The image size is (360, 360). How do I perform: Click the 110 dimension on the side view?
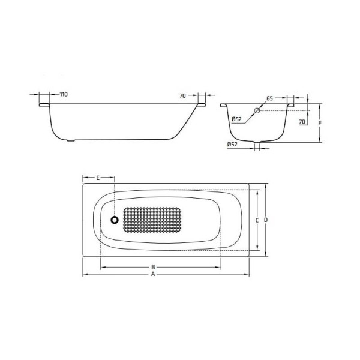point(64,95)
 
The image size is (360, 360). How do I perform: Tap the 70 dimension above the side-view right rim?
point(183,95)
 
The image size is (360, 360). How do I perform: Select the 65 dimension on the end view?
point(269,98)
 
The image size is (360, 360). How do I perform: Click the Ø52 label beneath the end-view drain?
point(233,145)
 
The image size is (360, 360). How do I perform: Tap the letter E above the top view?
point(97,178)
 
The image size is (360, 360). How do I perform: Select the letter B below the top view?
point(153,267)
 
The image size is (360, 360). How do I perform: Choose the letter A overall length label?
point(153,274)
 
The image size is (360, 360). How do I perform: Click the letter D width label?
point(265,221)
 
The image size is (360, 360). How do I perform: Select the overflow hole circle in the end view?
point(257,111)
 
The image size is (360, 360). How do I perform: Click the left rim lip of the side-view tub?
point(44,105)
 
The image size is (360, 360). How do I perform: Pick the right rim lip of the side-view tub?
point(200,105)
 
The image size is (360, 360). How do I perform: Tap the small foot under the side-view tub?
point(73,142)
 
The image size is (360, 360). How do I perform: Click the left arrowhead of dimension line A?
point(85,274)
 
